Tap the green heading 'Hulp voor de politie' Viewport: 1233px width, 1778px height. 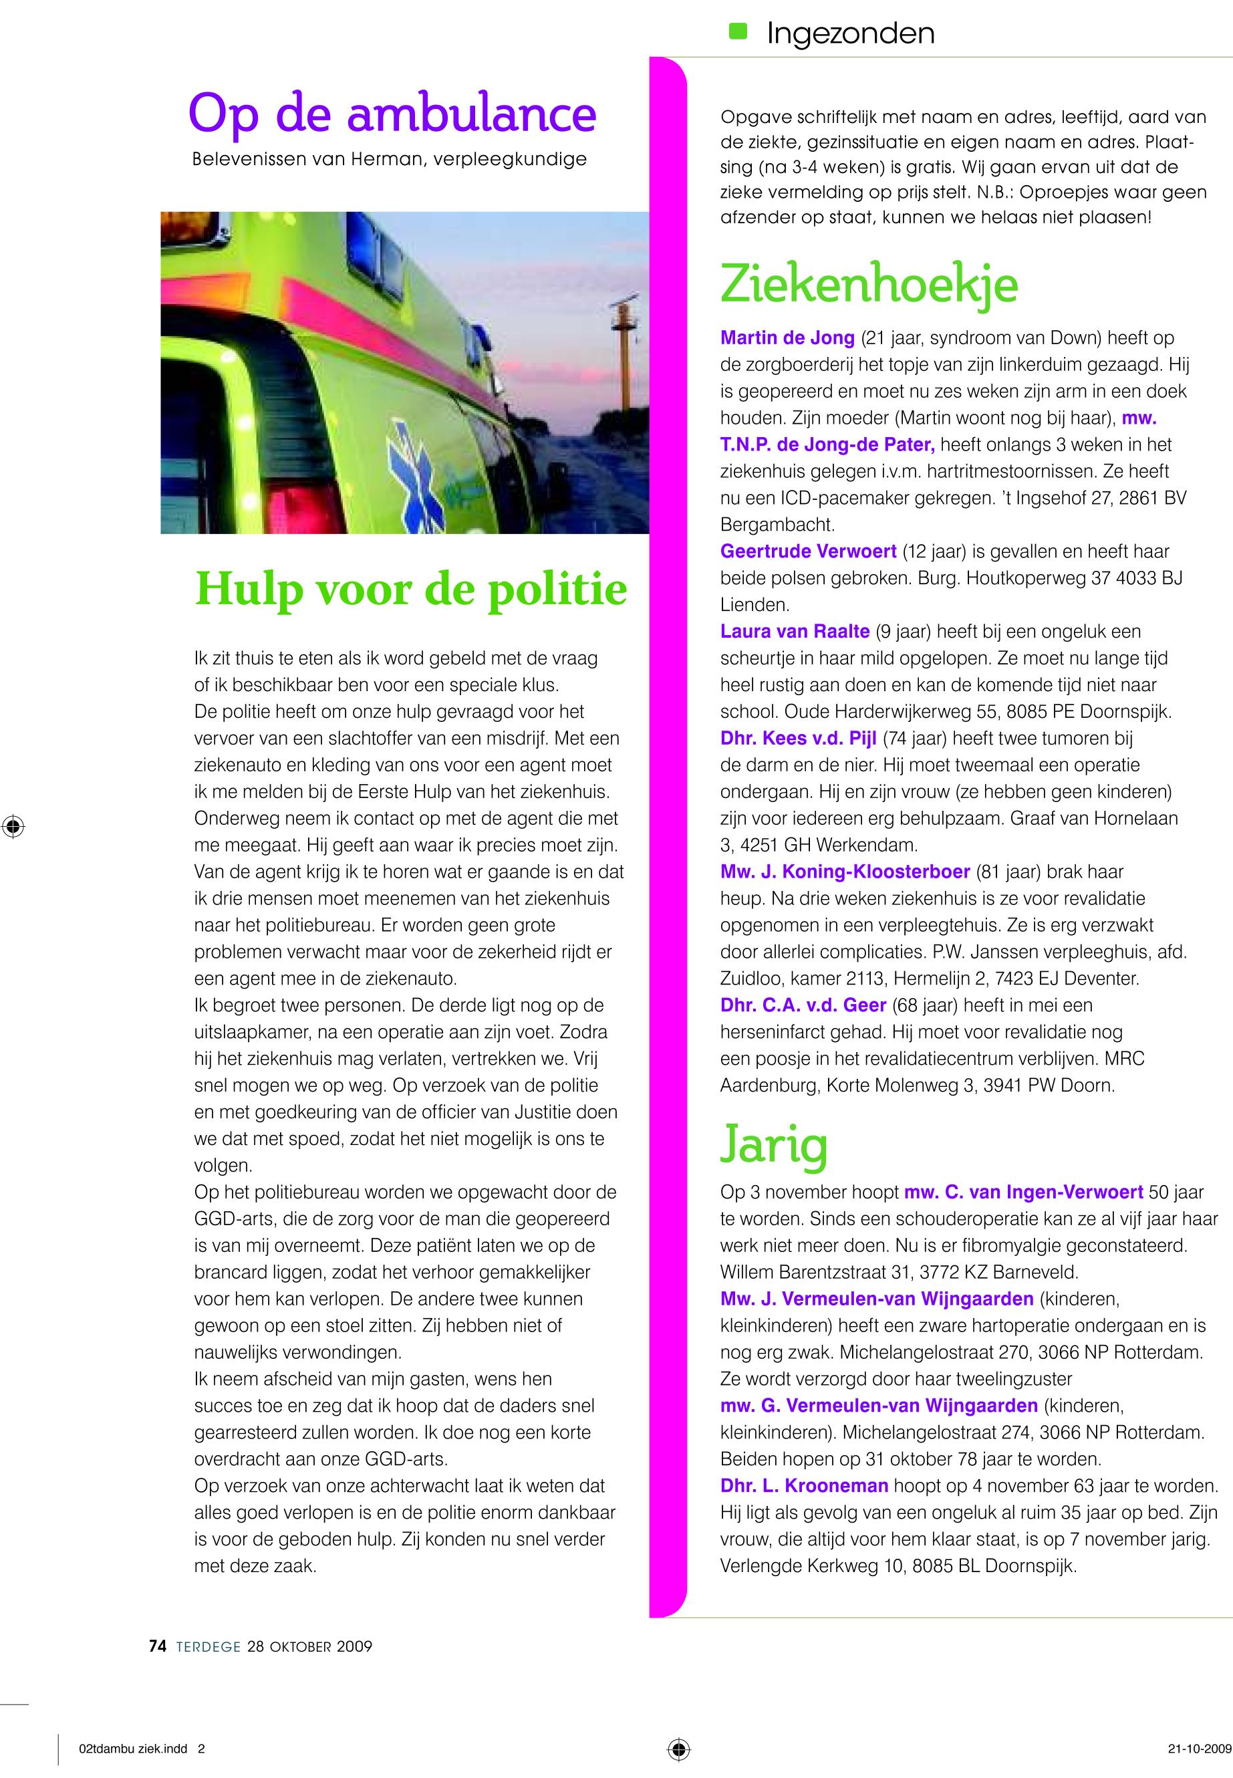tap(410, 588)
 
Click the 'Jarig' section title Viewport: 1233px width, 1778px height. tap(773, 1145)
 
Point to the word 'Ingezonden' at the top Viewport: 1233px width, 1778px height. tap(850, 33)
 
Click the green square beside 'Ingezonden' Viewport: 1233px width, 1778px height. tap(738, 30)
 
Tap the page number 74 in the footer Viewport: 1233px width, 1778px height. tap(158, 1646)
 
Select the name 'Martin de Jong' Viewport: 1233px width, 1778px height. tap(787, 338)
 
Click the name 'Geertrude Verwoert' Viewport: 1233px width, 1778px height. tap(807, 551)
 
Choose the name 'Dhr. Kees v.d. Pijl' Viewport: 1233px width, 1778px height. tap(798, 738)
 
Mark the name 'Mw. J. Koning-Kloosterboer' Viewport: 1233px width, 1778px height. tap(845, 872)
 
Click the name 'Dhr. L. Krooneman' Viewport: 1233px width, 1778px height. tap(803, 1485)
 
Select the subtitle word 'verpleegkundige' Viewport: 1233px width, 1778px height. tap(510, 160)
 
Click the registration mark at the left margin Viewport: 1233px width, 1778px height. tap(13, 826)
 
